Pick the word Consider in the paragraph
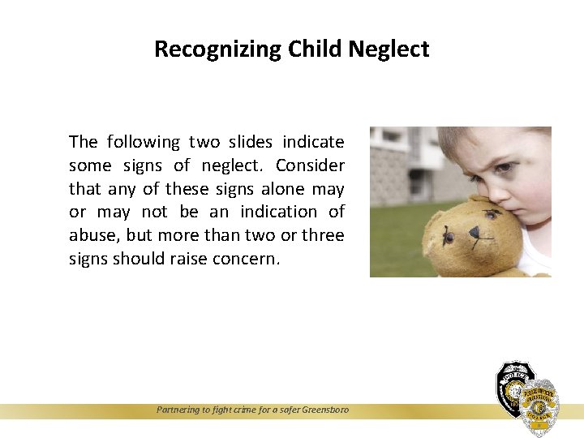(x=310, y=165)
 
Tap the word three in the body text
(x=323, y=235)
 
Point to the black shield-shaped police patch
(x=513, y=388)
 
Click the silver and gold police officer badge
(x=539, y=406)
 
